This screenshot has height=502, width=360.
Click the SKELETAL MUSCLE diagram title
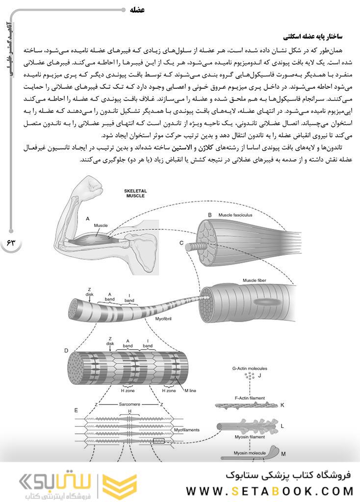[x=136, y=192]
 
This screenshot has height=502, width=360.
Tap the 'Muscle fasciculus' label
[x=235, y=215]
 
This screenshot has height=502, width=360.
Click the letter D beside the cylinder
[x=66, y=351]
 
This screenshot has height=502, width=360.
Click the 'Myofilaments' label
[x=186, y=429]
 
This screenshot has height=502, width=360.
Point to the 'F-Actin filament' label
[x=250, y=398]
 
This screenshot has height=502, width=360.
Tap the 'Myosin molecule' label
[x=250, y=453]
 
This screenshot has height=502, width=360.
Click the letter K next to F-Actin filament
[x=283, y=405]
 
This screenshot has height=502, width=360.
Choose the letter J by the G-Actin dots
[x=260, y=376]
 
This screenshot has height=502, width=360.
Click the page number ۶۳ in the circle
[x=11, y=244]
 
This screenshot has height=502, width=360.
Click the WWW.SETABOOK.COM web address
[x=269, y=491]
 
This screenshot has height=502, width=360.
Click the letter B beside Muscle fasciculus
[x=209, y=215]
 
